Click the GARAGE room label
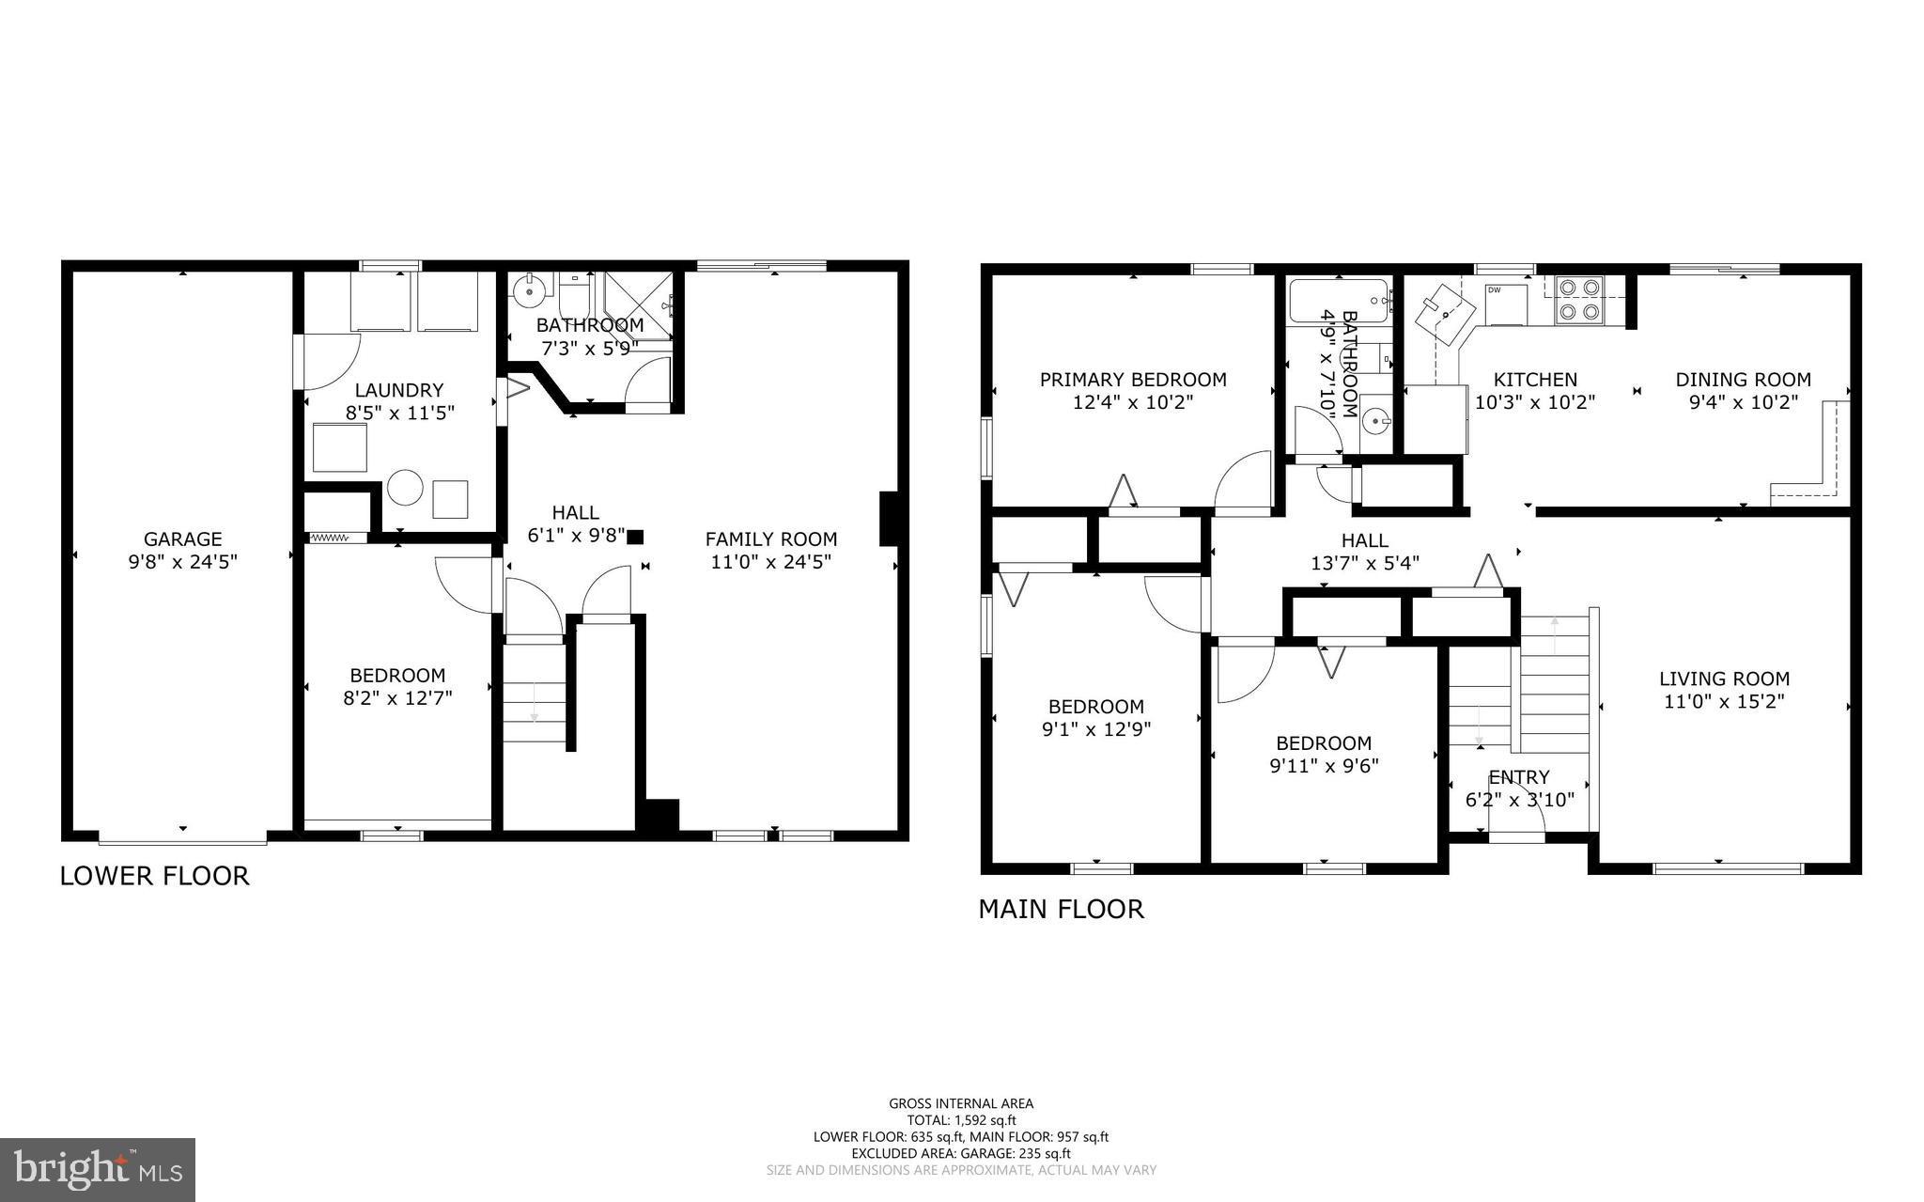[182, 539]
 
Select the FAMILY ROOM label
[770, 539]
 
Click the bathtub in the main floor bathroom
[1337, 302]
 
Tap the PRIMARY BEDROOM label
[1132, 380]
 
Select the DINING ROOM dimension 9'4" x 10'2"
[1743, 402]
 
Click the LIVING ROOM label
[1724, 679]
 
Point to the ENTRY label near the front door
[1518, 777]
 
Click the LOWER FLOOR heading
[155, 876]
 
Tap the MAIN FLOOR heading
[1061, 909]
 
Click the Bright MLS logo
[97, 1169]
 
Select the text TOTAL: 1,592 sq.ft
[961, 1120]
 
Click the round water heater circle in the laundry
[406, 488]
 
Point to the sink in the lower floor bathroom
[531, 287]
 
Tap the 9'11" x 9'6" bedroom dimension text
[1323, 765]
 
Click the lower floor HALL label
[575, 512]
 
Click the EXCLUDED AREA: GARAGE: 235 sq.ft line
[961, 1153]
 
